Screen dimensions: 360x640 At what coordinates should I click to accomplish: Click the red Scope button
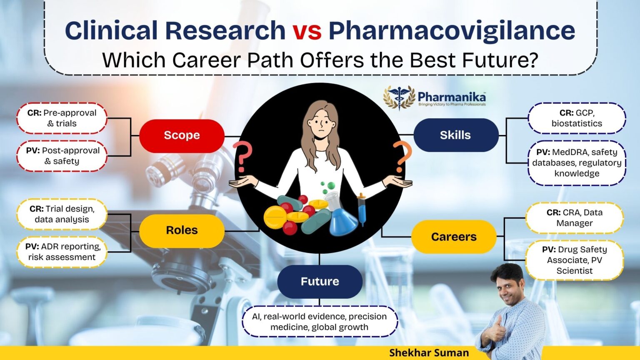[182, 135]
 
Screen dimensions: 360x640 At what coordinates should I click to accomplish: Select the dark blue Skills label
[455, 135]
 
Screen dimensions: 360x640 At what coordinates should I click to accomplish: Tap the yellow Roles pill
[182, 230]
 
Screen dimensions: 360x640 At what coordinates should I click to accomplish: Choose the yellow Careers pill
[454, 237]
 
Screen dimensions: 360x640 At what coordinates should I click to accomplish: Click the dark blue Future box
[320, 281]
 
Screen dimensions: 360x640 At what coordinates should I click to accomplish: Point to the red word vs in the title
[307, 31]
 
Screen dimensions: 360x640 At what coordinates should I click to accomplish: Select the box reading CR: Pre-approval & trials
[62, 118]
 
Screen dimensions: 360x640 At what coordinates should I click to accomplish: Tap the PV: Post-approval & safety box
[62, 156]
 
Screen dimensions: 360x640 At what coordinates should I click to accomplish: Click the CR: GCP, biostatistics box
[577, 118]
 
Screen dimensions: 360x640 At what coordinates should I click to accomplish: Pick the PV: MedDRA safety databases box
[577, 163]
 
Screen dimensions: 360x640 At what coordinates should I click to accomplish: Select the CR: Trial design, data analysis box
[62, 214]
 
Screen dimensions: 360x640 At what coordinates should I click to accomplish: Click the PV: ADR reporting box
[62, 252]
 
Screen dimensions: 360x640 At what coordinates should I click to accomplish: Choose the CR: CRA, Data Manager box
[574, 218]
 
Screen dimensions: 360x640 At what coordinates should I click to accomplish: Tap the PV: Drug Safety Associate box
[574, 260]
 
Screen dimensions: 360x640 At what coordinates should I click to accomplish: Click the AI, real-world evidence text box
[320, 322]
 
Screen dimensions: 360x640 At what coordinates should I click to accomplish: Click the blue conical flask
[343, 221]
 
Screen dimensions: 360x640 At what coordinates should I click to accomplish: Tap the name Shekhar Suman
[429, 353]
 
